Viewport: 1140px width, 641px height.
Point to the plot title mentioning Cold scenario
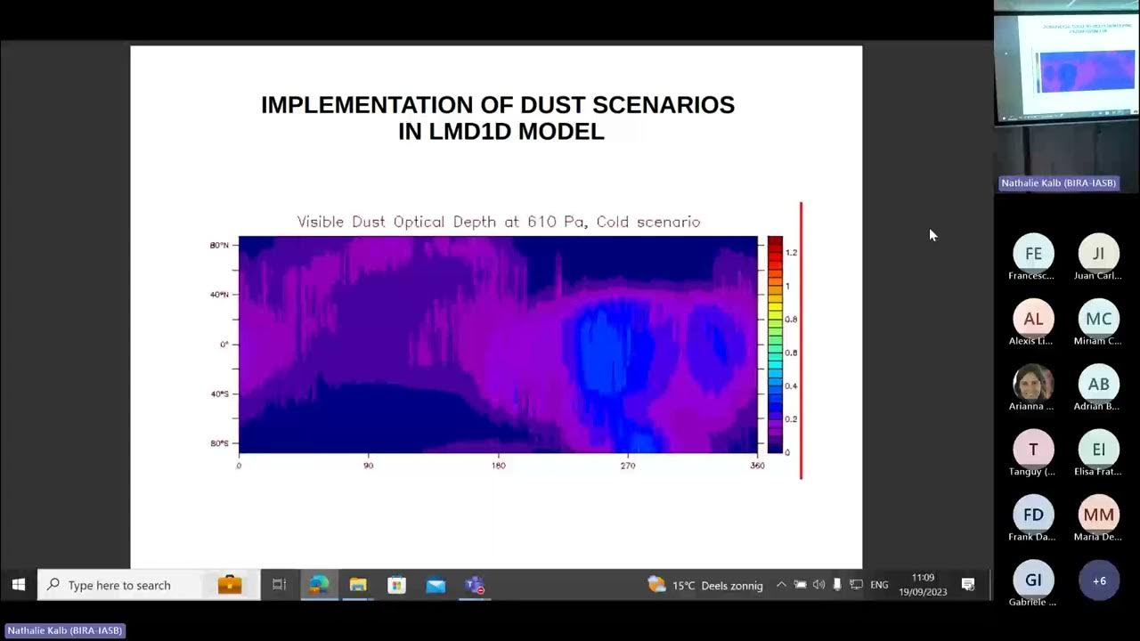click(x=499, y=222)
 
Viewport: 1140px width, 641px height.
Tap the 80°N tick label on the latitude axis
click(x=219, y=245)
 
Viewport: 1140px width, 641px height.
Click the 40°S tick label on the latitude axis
click(x=219, y=394)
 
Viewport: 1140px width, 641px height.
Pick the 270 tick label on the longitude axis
click(x=628, y=466)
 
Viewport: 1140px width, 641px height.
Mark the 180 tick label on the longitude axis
click(x=498, y=466)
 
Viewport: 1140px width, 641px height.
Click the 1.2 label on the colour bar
click(x=791, y=253)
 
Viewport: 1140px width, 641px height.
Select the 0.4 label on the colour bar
click(x=791, y=386)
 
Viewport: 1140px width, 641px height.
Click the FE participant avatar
click(x=1033, y=254)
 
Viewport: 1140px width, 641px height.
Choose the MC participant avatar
click(x=1098, y=319)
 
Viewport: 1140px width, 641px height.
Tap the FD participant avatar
click(x=1033, y=515)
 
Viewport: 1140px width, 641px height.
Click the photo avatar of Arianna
click(x=1033, y=384)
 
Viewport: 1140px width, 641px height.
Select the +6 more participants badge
click(x=1098, y=580)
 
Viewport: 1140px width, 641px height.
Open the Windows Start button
click(x=18, y=585)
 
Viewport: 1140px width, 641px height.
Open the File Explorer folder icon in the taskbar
click(x=358, y=585)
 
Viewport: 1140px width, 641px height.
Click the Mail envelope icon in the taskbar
click(x=436, y=585)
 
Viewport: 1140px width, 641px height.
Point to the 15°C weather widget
click(x=705, y=585)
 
